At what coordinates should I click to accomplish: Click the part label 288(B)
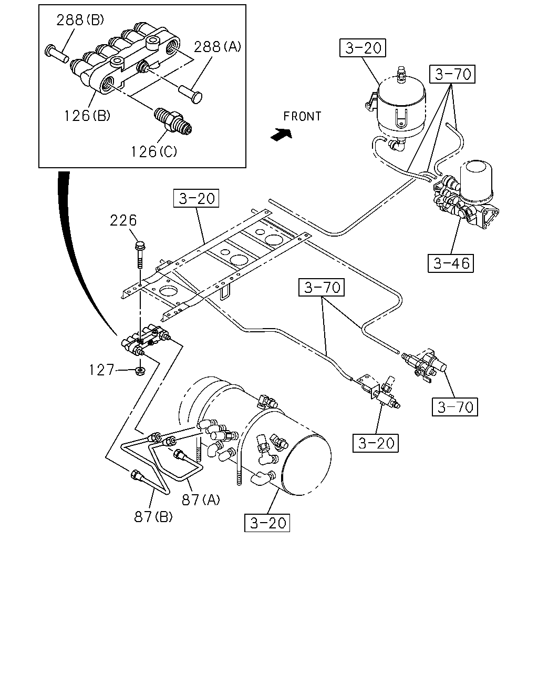[80, 21]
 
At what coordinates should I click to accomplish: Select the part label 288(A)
[218, 47]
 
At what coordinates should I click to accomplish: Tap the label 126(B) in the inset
[87, 116]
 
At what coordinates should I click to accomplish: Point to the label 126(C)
[154, 152]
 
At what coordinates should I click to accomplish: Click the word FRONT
[302, 116]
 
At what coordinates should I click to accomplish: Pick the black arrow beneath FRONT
[282, 135]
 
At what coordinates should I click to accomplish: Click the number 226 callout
[123, 220]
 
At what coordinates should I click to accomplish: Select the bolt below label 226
[140, 254]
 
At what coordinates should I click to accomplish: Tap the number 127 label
[101, 370]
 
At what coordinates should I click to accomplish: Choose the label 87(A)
[201, 499]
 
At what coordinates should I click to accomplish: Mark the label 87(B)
[153, 517]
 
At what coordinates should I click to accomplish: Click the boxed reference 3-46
[450, 263]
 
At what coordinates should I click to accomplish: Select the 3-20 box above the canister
[363, 48]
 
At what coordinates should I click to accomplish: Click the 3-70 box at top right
[452, 74]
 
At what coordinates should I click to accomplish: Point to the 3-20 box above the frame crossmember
[196, 198]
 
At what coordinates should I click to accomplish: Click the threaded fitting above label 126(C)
[172, 121]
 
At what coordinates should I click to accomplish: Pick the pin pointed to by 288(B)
[57, 54]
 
